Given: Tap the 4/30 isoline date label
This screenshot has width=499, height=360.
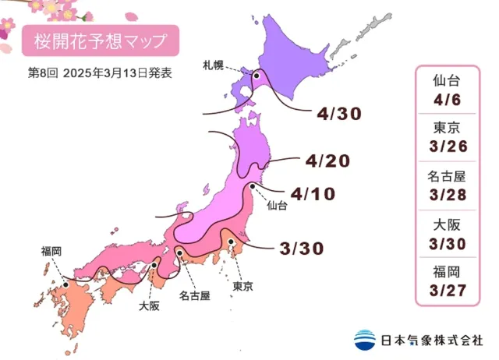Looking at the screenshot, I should coord(340,114).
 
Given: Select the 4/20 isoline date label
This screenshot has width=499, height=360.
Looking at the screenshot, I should coord(328,161).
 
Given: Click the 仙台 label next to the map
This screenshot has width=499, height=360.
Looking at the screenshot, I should coord(277,206).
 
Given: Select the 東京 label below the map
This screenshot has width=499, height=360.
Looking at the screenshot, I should coord(243,287).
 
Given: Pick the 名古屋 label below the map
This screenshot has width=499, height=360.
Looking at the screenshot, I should coord(194,296).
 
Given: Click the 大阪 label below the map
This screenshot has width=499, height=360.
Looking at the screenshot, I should coord(150,305).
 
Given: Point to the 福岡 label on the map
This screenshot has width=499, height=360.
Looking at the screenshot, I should coord(52,251).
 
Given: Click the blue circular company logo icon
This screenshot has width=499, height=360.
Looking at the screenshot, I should coord(364,341).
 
